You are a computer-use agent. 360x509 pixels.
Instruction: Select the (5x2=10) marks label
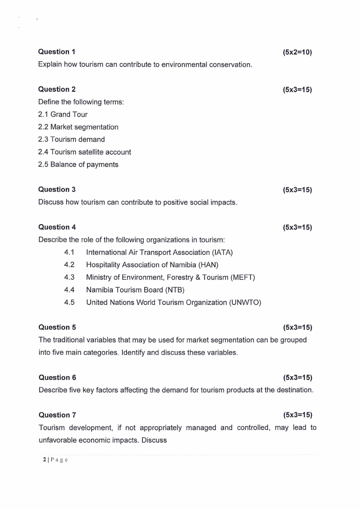(x=297, y=52)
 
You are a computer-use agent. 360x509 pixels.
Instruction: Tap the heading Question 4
(x=57, y=227)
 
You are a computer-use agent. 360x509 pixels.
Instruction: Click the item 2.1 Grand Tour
(x=63, y=114)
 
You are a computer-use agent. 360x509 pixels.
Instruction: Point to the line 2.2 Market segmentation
(x=78, y=127)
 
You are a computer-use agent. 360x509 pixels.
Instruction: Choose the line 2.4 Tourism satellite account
(x=84, y=152)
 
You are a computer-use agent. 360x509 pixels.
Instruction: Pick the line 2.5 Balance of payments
(x=78, y=165)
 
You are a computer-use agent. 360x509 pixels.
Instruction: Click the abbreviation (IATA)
(x=221, y=252)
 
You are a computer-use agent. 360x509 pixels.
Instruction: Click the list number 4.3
(x=69, y=277)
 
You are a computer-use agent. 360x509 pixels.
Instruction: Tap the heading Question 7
(x=57, y=415)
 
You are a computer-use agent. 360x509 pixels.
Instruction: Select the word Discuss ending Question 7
(x=155, y=440)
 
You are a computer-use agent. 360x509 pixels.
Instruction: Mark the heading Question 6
(x=57, y=377)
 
